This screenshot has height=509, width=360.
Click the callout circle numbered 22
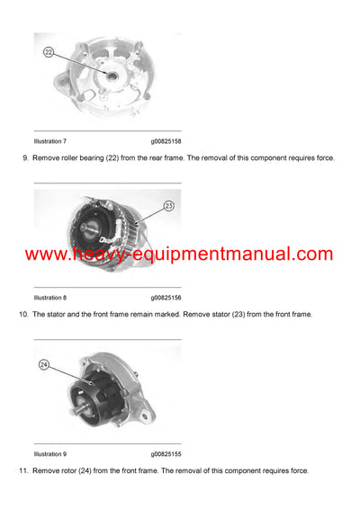(x=49, y=52)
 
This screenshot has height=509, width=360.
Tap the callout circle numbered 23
(x=168, y=206)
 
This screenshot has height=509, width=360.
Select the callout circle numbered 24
(x=44, y=365)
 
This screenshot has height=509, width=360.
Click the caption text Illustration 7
(x=49, y=141)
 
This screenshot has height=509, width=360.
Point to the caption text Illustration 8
(x=49, y=297)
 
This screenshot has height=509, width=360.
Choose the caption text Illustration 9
(x=49, y=454)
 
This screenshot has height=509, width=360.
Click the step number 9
(x=24, y=158)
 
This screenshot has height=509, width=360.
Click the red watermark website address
(x=179, y=254)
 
